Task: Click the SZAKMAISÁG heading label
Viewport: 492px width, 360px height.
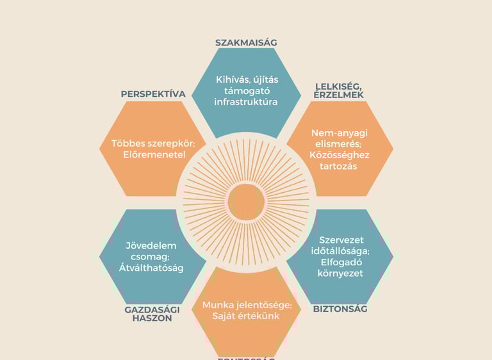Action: pos(246,43)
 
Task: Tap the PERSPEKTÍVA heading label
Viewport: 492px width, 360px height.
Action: pos(153,94)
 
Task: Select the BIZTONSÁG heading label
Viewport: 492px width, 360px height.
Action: pos(340,309)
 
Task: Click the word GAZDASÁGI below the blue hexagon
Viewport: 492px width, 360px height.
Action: pos(152,309)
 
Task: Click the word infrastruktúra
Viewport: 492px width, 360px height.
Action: pos(246,101)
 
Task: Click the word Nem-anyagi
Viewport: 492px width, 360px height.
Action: pos(340,133)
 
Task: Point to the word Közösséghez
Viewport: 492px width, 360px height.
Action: pos(340,155)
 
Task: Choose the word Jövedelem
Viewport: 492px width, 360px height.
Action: pos(152,245)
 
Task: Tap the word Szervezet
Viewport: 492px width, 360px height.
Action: pos(340,240)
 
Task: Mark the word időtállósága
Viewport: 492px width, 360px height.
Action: pos(340,251)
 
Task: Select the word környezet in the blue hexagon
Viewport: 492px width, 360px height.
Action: pos(340,274)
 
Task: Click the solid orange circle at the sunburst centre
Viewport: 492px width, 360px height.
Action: pos(246,200)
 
